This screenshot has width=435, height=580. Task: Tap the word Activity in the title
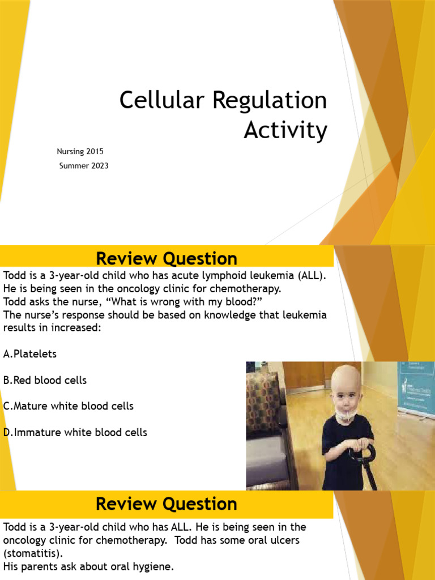click(285, 130)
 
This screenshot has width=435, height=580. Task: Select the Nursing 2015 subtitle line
click(80, 152)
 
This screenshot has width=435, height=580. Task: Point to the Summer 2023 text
click(84, 166)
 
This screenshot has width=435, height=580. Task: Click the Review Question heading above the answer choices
click(167, 259)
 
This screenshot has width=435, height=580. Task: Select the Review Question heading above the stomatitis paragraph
click(167, 504)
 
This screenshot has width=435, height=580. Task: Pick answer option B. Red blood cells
click(45, 380)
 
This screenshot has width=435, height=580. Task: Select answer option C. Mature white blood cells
click(69, 406)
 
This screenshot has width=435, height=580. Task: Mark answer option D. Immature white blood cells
click(75, 432)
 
